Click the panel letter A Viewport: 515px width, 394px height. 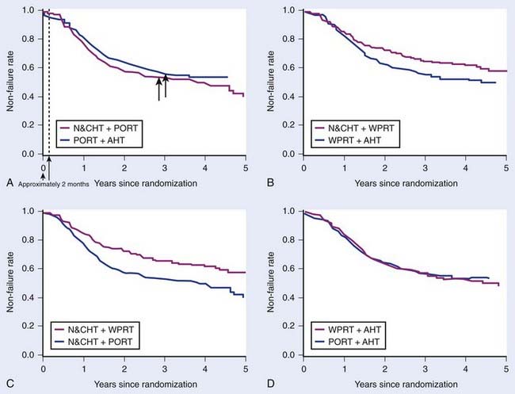pyautogui.click(x=8, y=183)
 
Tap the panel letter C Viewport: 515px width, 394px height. pyautogui.click(x=8, y=384)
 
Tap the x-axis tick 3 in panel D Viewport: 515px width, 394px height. pyautogui.click(x=425, y=370)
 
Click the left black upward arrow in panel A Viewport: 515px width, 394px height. pyautogui.click(x=158, y=88)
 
